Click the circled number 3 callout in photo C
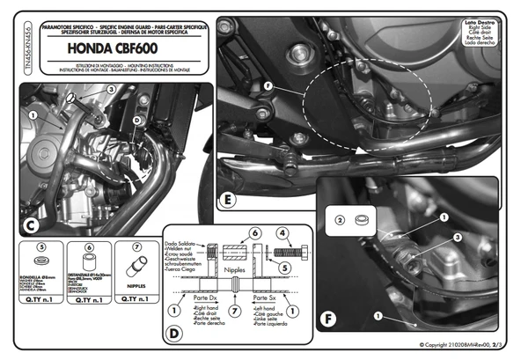(110, 90)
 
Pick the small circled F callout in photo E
(268, 85)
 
